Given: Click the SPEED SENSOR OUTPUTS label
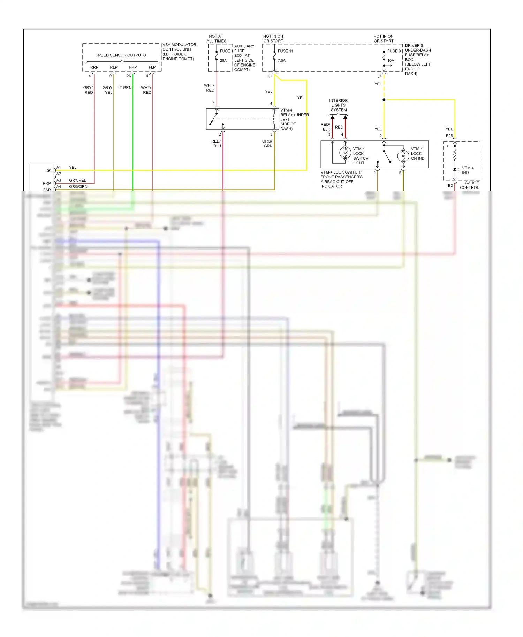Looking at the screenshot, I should click(121, 55).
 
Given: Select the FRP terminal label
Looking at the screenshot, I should click(133, 67).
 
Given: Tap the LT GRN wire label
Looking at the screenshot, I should click(124, 88).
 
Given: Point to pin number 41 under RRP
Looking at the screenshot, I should click(91, 76).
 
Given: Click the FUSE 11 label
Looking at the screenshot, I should click(286, 51).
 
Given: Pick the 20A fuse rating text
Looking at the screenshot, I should click(223, 61).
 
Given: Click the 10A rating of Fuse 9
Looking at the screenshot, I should click(391, 61).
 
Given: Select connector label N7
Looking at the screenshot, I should click(270, 76).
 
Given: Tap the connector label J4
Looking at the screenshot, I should click(380, 76).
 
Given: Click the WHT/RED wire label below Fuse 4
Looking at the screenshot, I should click(210, 88).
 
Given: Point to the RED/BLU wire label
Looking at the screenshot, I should click(216, 144).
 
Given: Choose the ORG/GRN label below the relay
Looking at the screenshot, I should click(267, 144).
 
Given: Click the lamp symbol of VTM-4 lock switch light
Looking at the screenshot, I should click(345, 153).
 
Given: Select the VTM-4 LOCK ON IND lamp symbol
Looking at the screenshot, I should click(403, 156).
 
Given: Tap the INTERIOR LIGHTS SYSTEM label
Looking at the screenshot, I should click(339, 105).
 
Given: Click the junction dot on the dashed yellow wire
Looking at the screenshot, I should click(384, 100).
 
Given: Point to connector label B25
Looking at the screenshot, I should click(449, 136).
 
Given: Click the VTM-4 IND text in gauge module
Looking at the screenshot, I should click(468, 170).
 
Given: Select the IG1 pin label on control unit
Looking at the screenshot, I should click(48, 170).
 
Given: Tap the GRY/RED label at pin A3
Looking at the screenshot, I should click(78, 180).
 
